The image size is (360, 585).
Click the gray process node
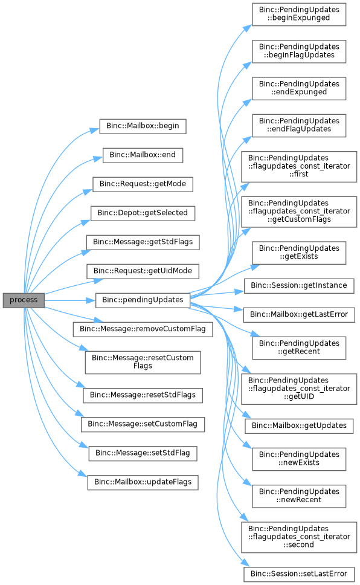tap(24, 300)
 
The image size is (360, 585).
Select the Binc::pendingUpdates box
tap(143, 300)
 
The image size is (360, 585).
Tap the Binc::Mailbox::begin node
tap(143, 126)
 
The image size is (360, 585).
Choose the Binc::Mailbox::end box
tap(143, 155)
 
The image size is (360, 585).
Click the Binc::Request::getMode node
tap(143, 184)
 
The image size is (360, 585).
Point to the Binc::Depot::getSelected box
tap(143, 213)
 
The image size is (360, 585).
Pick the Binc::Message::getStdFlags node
tap(143, 242)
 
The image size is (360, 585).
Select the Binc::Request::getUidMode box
tap(143, 271)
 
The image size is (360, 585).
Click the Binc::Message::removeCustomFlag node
tap(143, 329)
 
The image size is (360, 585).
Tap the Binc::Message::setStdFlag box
tap(143, 453)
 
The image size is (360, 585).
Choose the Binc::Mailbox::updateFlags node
tap(143, 482)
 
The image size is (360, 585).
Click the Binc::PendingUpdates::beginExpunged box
tap(299, 15)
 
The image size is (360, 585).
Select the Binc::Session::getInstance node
tap(299, 286)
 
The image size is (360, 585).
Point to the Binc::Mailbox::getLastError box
tap(299, 315)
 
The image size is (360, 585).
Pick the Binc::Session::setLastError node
tap(299, 574)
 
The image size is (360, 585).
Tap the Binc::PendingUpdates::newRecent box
tap(299, 496)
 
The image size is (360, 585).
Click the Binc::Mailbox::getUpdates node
tap(299, 426)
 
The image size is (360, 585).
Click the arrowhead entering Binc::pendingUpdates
tap(91, 300)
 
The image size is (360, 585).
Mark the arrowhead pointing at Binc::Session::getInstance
tap(240, 291)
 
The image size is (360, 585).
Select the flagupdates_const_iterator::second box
tap(299, 537)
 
